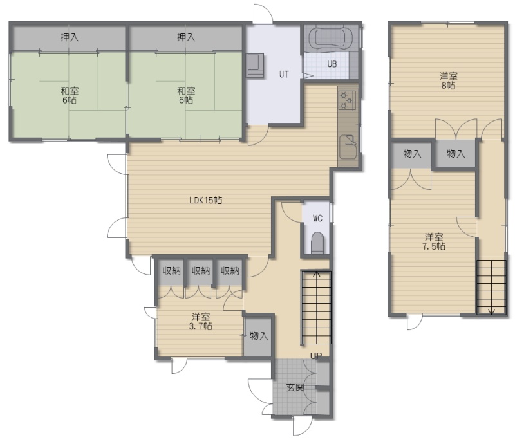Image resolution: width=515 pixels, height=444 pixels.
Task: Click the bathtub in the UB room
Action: [x=332, y=39]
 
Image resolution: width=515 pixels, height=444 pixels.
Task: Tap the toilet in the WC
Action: [x=317, y=243]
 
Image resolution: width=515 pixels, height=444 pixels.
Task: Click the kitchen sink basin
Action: [x=348, y=147]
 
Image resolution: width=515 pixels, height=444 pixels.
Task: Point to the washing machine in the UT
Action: [x=255, y=65]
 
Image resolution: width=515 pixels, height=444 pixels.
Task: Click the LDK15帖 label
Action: [x=205, y=200]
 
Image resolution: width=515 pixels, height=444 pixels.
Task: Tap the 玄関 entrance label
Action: [x=295, y=387]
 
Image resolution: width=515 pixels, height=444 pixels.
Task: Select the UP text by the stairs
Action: [x=316, y=356]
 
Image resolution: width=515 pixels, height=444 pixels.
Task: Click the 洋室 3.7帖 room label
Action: [x=201, y=322]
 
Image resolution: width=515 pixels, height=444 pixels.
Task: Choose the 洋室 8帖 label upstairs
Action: [x=448, y=81]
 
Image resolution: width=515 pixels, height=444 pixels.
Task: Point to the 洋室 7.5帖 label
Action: [x=434, y=241]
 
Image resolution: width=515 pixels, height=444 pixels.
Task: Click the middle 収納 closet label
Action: [x=201, y=271]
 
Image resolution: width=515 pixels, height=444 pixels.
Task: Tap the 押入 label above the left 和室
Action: [x=70, y=37]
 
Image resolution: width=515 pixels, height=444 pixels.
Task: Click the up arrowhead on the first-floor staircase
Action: [x=316, y=274]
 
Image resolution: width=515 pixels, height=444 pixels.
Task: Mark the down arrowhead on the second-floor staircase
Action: [x=492, y=311]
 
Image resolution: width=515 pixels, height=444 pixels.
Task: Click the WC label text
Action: [x=317, y=218]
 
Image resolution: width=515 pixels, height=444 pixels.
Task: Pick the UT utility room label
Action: [x=284, y=75]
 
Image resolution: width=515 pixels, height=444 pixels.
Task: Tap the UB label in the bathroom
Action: [x=332, y=64]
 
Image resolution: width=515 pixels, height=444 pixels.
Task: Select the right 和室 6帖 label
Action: [x=186, y=95]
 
